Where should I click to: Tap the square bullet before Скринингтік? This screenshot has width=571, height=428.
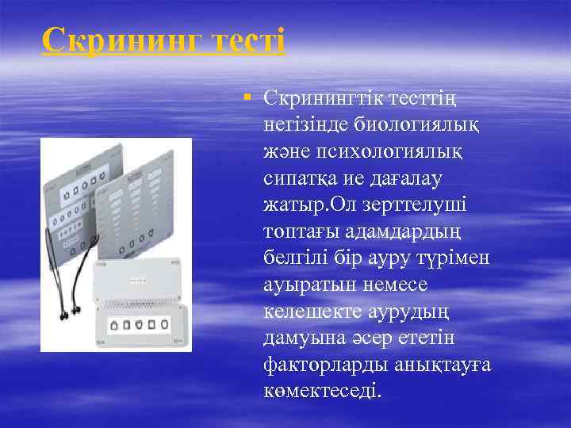[x=248, y=96]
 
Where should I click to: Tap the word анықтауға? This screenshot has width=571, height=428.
[x=442, y=365]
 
